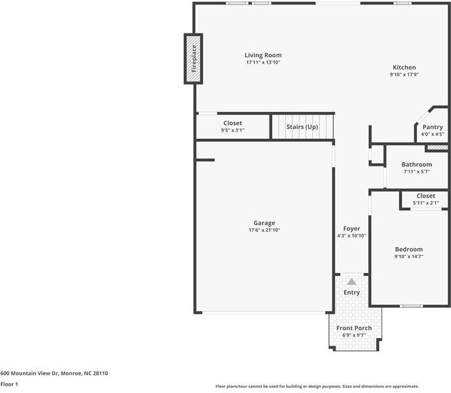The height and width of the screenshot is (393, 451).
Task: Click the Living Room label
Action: point(263,56)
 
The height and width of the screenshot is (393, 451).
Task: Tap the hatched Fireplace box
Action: point(193,59)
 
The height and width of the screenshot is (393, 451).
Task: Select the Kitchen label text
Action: point(404,67)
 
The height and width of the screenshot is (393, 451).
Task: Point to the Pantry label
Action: point(433,127)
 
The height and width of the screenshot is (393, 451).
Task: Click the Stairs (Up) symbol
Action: point(303,126)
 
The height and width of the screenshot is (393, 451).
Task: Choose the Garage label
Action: point(264,223)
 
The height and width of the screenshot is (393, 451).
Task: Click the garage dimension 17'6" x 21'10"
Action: point(264,230)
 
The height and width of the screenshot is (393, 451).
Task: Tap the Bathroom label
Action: point(416,164)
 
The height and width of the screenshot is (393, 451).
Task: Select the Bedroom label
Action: point(408,249)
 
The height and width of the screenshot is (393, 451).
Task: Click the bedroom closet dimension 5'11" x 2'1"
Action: point(425,203)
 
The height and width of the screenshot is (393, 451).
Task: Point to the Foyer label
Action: point(351,229)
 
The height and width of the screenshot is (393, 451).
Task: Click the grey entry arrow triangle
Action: point(351,281)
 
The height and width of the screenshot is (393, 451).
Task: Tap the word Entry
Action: point(351,293)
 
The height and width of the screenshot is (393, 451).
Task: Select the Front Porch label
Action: point(354,328)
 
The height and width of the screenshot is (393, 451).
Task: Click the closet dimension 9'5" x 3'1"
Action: point(233,130)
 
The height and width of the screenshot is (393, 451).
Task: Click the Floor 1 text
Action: point(9,384)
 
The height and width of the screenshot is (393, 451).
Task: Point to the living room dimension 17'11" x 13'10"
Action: point(263,63)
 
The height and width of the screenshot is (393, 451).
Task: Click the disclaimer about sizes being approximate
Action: point(317,386)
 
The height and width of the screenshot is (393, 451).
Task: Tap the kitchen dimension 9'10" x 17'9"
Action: point(404,75)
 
